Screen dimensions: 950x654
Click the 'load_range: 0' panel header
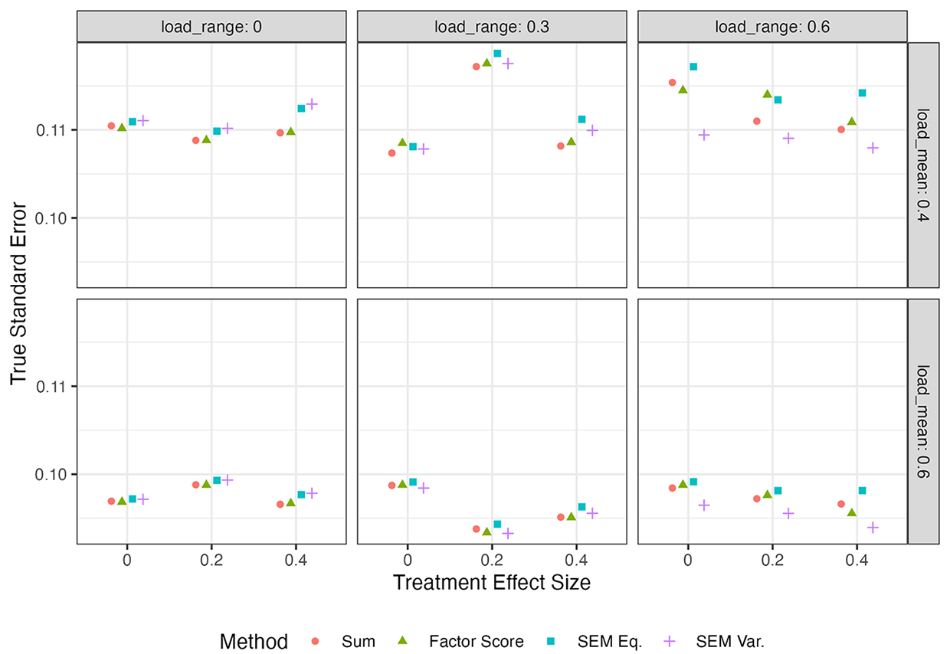point(211,27)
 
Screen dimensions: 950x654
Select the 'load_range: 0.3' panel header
point(492,27)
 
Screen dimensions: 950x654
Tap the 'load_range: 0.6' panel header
point(772,27)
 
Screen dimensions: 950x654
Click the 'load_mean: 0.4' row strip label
point(923,165)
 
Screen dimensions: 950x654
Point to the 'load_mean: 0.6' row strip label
point(923,421)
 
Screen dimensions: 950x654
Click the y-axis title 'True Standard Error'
point(18,293)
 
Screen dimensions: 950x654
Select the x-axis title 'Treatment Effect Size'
point(492,582)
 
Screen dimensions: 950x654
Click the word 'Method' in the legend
point(254,641)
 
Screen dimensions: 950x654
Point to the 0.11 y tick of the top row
point(51,130)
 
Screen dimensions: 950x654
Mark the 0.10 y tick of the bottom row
point(51,475)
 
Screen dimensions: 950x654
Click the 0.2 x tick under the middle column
point(492,561)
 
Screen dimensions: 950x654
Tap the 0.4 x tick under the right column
point(857,561)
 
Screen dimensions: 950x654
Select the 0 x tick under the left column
point(127,561)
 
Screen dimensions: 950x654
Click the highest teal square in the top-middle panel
point(497,54)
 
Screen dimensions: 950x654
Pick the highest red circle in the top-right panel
point(672,82)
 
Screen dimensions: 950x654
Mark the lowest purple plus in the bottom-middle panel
point(508,533)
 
